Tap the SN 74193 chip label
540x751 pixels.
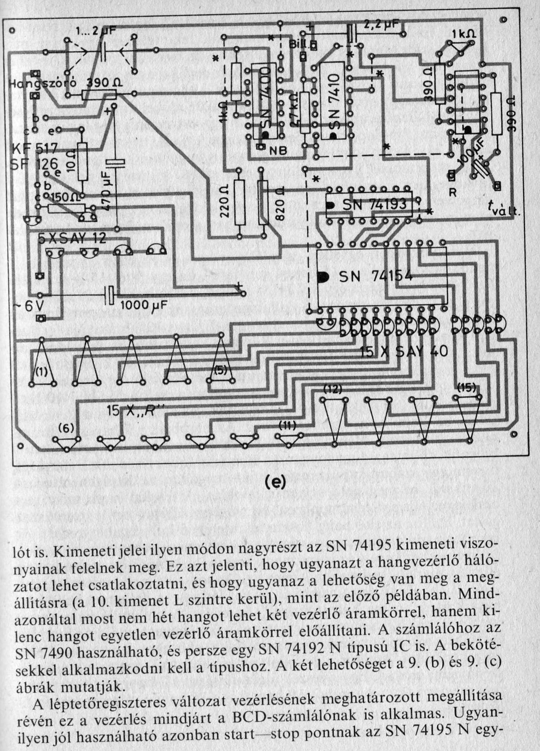375,205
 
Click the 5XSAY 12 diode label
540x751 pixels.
72,239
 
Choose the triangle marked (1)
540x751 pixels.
42,371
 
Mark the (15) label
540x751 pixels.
466,387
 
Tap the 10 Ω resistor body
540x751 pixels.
82,161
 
